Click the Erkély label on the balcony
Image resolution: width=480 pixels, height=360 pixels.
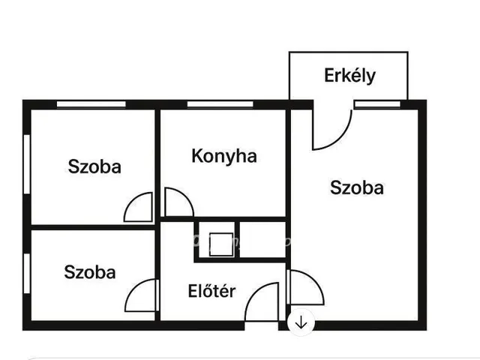point(349,76)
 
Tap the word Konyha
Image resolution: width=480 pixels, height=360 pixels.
point(224,156)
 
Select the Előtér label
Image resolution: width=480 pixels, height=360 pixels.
point(211,291)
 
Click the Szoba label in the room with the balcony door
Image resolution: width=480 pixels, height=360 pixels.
point(357,187)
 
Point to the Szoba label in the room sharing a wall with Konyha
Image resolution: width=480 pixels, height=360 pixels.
point(94,166)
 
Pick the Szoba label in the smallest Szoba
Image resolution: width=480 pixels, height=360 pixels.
point(90,272)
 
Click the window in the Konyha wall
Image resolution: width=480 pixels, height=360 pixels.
point(220,104)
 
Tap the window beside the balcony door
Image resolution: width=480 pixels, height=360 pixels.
point(377,104)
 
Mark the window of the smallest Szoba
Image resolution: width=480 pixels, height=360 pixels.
point(27,273)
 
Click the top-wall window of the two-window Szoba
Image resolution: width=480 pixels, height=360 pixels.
point(91,104)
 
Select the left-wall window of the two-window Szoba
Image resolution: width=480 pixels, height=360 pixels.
point(27,164)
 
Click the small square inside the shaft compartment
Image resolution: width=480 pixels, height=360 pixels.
point(221,244)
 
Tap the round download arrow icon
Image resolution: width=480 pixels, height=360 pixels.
point(301,322)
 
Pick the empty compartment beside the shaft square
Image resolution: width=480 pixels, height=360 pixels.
point(262,240)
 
